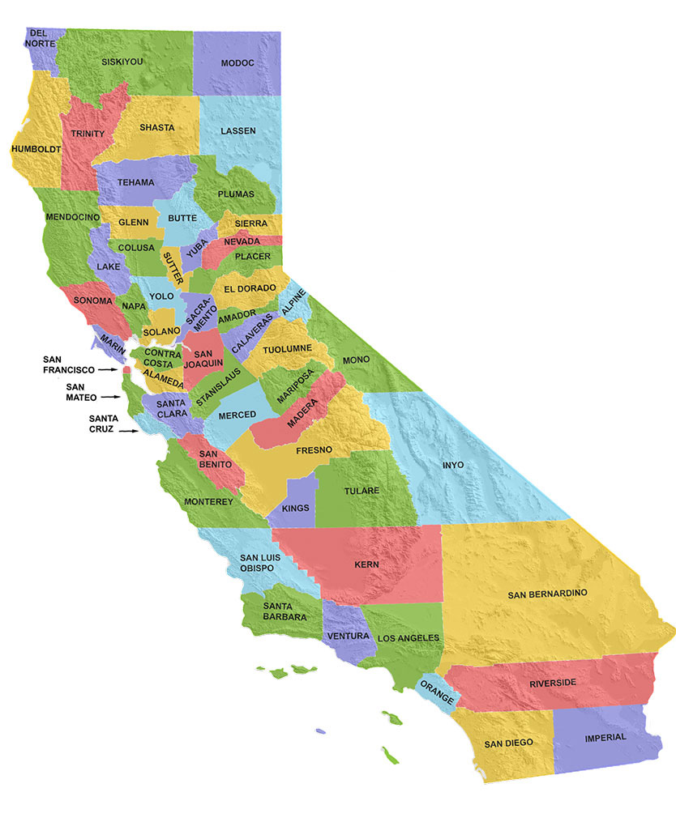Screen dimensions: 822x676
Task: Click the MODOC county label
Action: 237,62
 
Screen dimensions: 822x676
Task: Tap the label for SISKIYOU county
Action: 122,62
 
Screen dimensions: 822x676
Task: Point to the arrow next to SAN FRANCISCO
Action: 108,369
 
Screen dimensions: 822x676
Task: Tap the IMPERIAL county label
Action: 605,737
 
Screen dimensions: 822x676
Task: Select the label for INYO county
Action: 454,465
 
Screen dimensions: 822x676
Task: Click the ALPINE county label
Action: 293,306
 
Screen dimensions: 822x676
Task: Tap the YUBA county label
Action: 192,253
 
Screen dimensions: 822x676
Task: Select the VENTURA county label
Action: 349,636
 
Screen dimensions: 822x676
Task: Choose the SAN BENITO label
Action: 216,458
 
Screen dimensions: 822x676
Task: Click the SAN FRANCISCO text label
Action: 69,364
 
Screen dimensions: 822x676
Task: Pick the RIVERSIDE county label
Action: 553,683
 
